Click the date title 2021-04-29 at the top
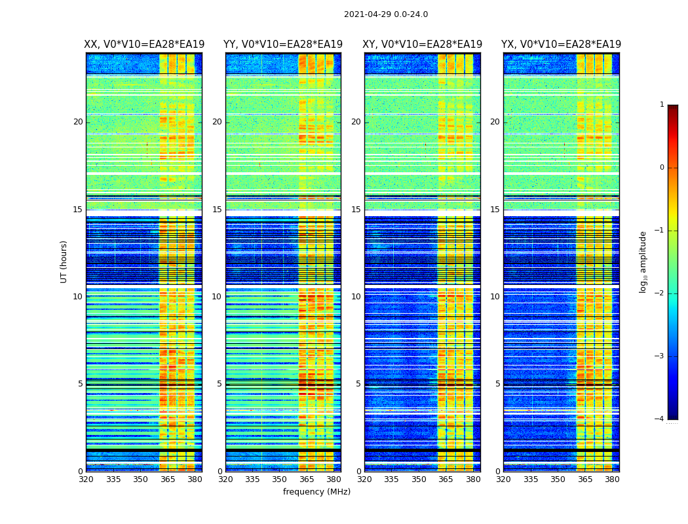[386, 14]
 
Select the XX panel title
[144, 45]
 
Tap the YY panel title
[283, 45]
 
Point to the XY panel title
[423, 45]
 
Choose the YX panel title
[561, 45]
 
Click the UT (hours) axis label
[64, 261]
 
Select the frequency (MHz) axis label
[316, 492]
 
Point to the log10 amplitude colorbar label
[643, 261]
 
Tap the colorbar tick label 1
[662, 105]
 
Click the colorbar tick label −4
[660, 419]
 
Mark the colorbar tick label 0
[662, 168]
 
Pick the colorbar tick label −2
[660, 293]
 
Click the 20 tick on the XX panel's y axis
[78, 122]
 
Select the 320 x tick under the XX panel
[86, 479]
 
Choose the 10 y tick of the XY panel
[357, 297]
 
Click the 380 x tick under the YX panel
[612, 479]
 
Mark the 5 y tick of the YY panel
[220, 384]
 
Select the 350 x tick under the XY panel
[419, 479]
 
